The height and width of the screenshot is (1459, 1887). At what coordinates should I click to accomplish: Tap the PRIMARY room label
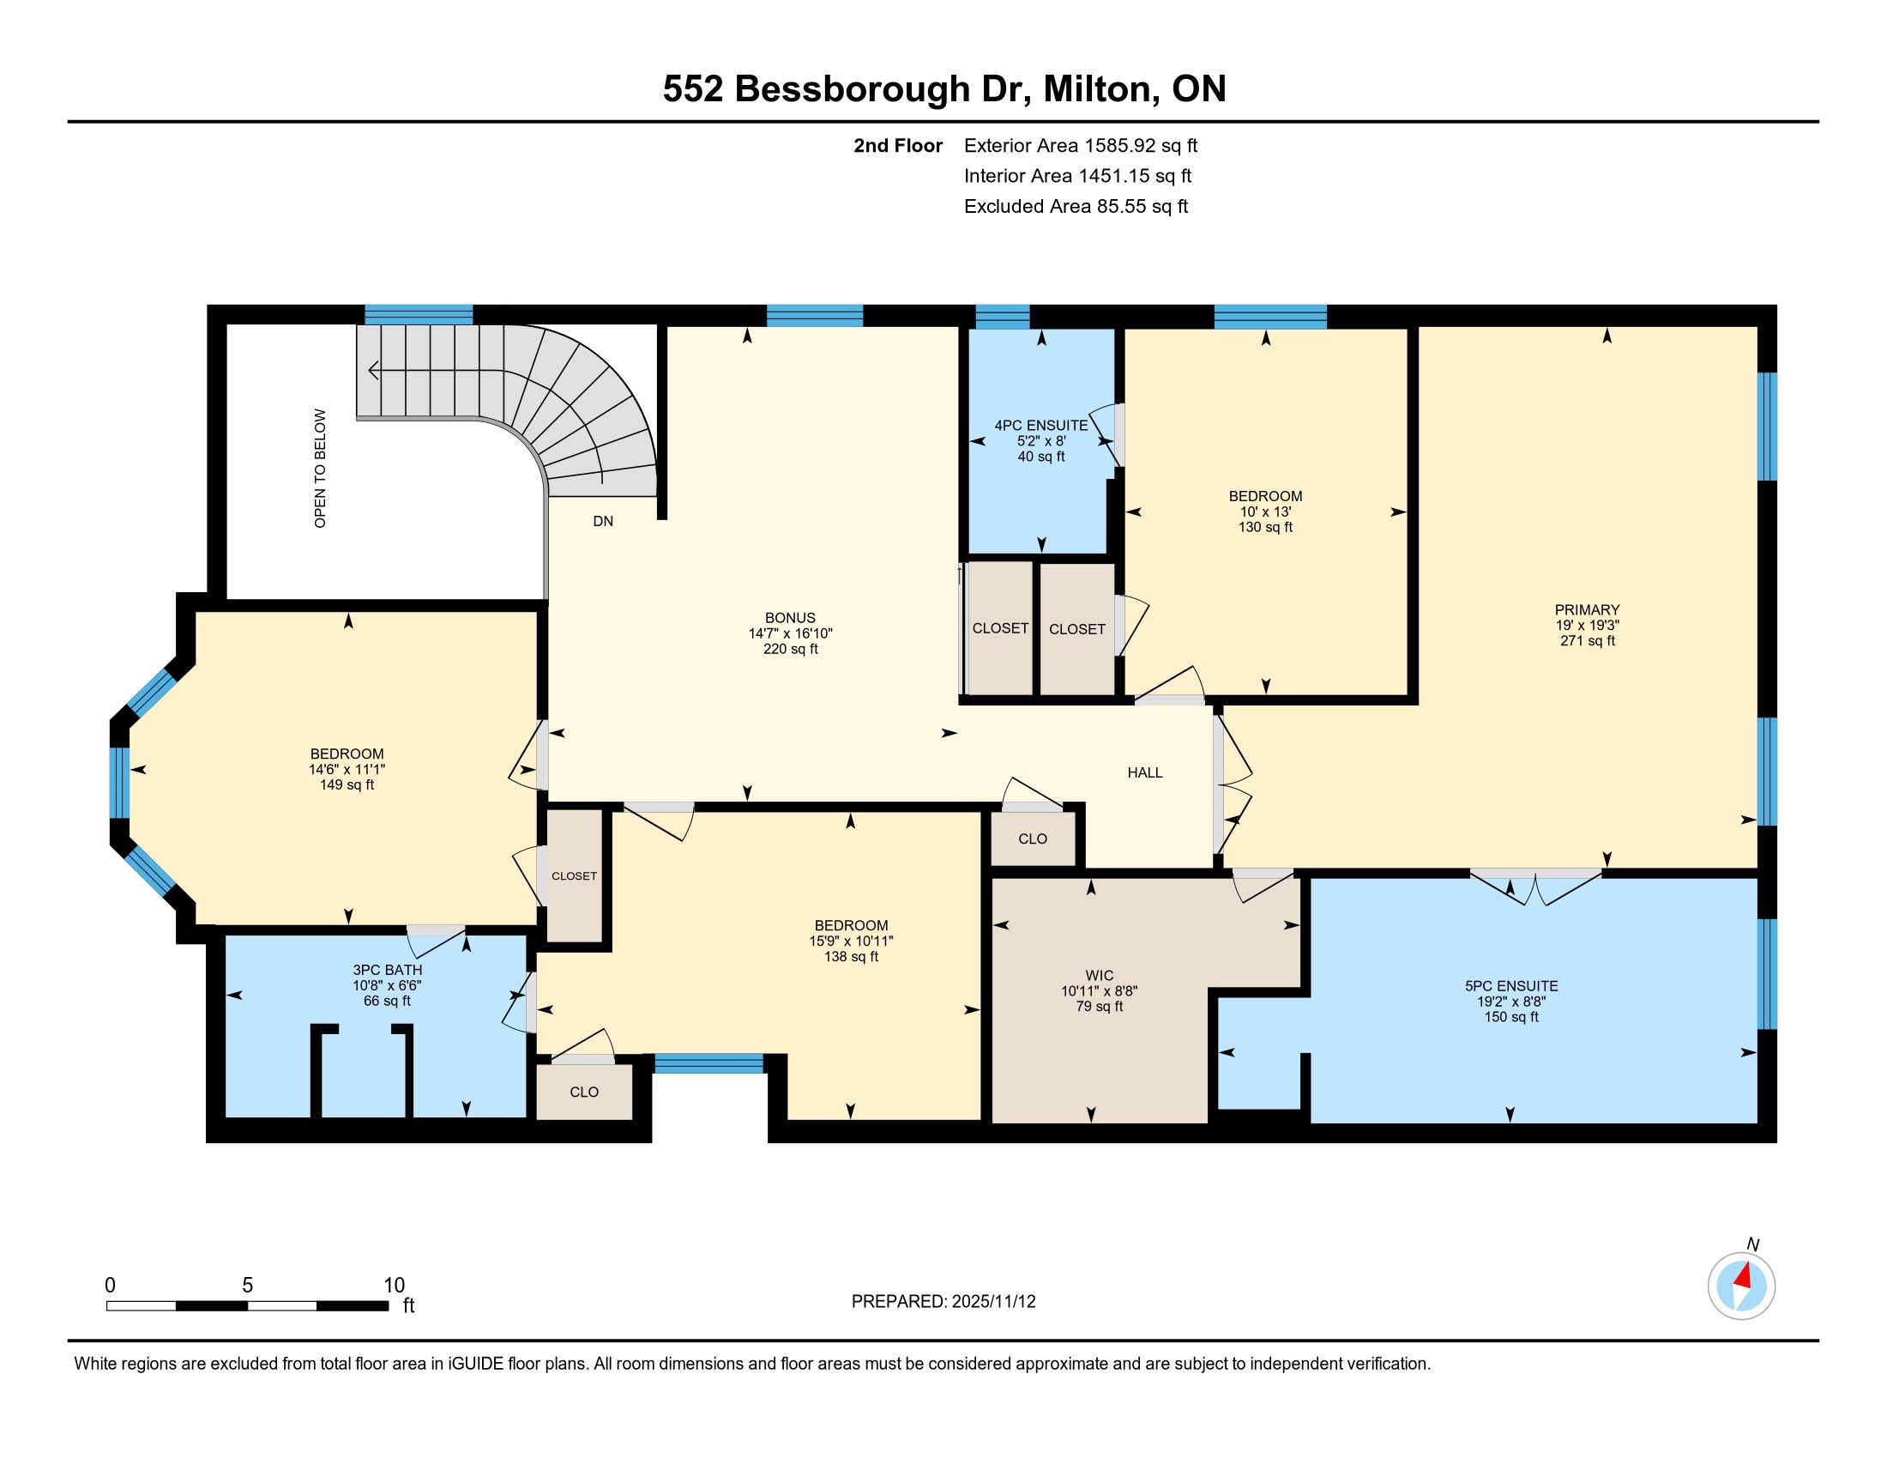[1587, 609]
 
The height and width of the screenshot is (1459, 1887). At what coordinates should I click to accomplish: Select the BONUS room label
[790, 618]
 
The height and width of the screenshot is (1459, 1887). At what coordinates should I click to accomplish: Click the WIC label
[1099, 976]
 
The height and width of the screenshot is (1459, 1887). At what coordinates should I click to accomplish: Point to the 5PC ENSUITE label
[1511, 986]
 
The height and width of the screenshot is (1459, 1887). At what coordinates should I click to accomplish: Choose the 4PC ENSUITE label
[1041, 425]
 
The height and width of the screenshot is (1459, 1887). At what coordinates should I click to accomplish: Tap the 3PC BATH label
[387, 970]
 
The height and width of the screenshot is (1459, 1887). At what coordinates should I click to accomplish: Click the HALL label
[1145, 772]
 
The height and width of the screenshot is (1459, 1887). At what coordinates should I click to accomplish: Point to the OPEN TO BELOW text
[321, 469]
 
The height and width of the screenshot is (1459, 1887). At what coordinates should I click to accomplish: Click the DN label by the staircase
[603, 521]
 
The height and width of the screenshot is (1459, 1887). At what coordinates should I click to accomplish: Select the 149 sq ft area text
[347, 784]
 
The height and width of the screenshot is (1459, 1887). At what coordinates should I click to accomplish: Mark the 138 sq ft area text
[851, 957]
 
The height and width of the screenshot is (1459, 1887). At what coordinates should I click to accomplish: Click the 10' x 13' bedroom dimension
[1266, 512]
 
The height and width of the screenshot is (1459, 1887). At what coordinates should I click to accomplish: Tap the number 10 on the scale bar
[394, 1285]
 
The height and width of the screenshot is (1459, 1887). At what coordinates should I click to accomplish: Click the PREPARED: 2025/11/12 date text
[944, 1302]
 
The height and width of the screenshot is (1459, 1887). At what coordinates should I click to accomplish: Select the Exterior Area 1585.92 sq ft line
[1081, 145]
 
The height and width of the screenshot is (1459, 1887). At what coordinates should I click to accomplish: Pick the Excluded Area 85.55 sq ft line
[1076, 206]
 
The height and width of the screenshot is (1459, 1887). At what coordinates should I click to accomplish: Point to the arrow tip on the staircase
[369, 371]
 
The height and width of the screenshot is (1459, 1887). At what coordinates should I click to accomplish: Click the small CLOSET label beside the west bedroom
[575, 875]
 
